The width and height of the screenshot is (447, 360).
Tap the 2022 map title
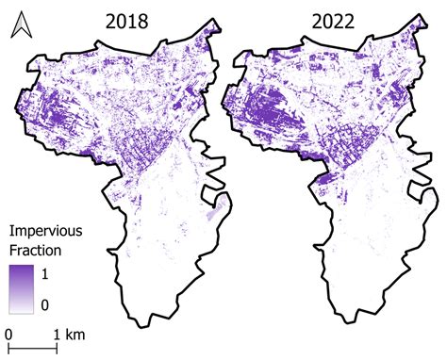point(323,21)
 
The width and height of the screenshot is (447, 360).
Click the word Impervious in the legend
point(45,232)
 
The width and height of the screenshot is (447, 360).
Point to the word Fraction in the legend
point(35,252)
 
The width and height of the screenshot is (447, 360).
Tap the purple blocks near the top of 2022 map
point(321,66)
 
